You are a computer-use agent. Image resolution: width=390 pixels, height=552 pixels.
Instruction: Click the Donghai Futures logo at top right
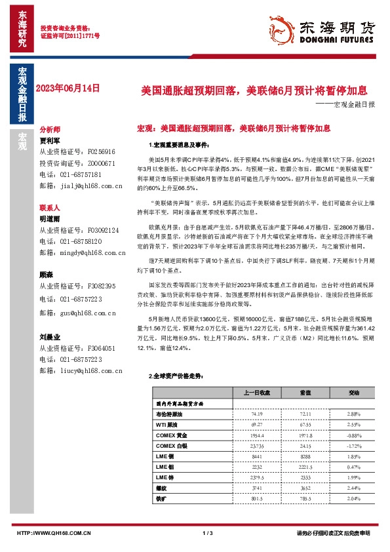coord(330,30)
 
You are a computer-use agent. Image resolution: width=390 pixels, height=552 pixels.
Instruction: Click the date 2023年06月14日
coord(67,88)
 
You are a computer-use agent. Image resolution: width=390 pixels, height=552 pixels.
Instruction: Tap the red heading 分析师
coord(50,130)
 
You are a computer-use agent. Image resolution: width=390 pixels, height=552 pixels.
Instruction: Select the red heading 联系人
coord(50,207)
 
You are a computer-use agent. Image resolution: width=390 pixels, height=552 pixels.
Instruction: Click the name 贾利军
coord(50,140)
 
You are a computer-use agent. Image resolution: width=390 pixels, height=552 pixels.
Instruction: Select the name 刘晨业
coord(50,336)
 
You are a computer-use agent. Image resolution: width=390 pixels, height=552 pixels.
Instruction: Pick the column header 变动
coord(353,393)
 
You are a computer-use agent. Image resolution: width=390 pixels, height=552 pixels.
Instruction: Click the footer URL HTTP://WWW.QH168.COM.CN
coord(54,534)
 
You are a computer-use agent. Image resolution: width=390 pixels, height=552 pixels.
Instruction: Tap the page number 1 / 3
coord(208,534)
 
